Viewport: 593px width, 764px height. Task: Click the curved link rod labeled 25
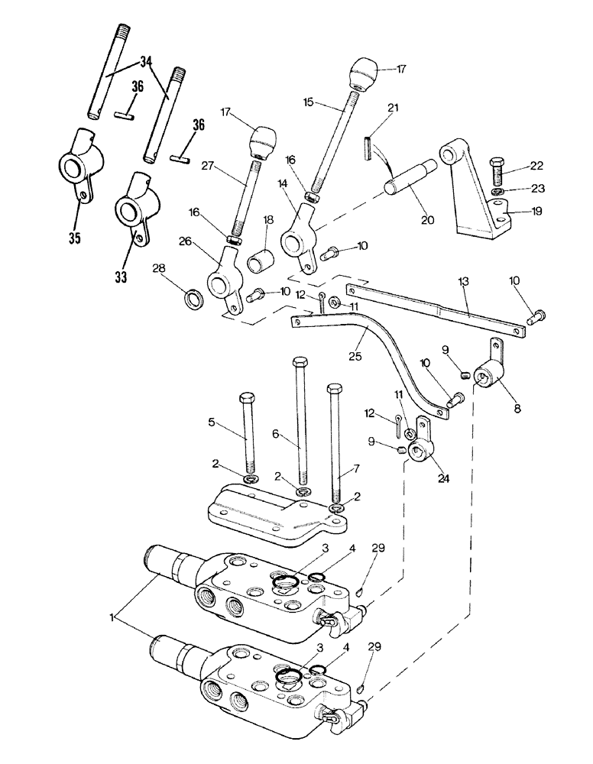[382, 344]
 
